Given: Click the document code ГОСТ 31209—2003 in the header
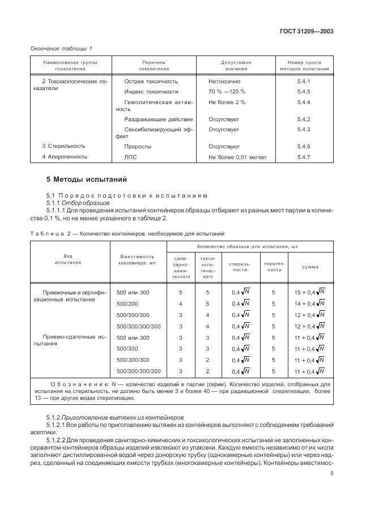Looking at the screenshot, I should tap(306, 32).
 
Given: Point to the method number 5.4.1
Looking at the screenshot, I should tap(304, 82).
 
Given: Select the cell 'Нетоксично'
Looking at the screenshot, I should tap(224, 82).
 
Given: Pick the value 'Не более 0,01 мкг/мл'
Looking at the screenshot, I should tap(236, 157).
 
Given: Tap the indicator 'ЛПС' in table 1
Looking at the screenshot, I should tap(130, 157).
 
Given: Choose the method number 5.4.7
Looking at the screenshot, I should tap(304, 157).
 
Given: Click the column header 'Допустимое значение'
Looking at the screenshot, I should tap(236, 66).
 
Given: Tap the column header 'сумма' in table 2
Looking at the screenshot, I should tap(309, 266).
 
